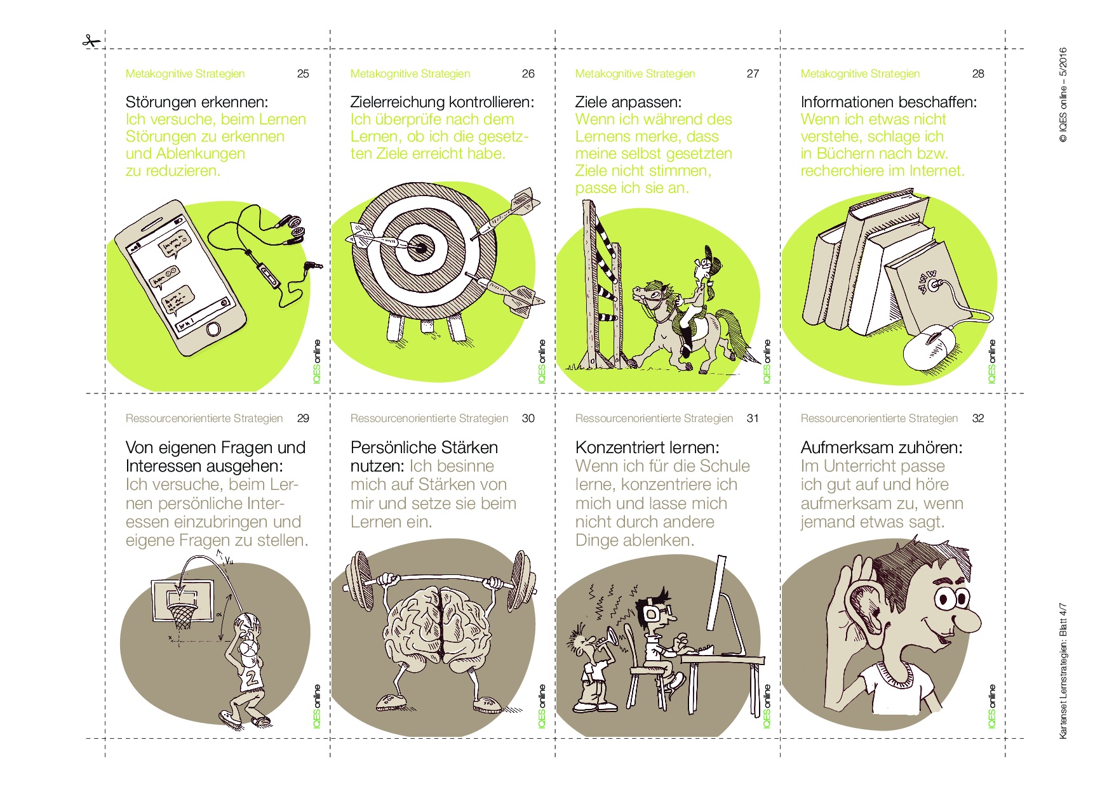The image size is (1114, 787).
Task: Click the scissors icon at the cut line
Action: [91, 41]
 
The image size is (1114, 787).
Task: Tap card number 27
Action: [753, 74]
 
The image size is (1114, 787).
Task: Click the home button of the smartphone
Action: [214, 329]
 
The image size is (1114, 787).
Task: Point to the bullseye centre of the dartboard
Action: [419, 246]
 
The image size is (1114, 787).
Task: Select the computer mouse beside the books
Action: [929, 347]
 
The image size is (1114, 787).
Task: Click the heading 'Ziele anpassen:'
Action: [628, 102]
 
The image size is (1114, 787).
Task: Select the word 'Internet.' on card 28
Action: [937, 171]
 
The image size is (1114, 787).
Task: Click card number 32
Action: [978, 418]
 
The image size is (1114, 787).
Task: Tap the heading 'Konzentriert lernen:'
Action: [647, 447]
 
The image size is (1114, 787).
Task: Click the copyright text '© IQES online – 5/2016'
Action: [1063, 95]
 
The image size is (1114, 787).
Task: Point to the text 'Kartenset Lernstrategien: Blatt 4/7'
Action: [1063, 671]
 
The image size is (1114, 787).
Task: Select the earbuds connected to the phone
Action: [292, 228]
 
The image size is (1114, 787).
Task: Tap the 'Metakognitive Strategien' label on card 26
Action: [410, 74]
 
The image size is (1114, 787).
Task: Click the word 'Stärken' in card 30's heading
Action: [470, 447]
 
